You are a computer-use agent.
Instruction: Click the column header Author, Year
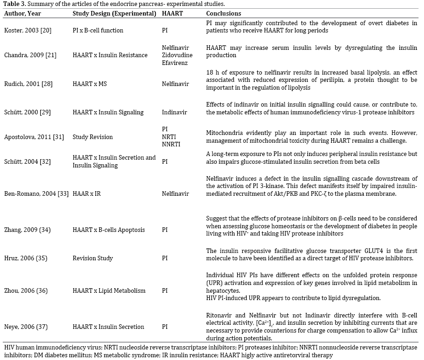pos(22,13)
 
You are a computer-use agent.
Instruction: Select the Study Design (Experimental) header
pos(114,13)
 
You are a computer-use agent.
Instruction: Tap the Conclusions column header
pos(223,13)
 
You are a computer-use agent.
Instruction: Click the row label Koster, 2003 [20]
pos(28,30)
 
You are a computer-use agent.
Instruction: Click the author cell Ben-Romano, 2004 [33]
pos(37,193)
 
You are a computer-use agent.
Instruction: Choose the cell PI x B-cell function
pos(98,30)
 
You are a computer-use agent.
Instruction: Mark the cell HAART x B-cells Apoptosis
pos(109,230)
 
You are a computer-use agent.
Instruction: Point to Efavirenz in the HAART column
pos(175,63)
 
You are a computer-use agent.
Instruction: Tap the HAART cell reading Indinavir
pos(175,112)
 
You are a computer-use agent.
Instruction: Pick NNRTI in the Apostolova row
pos(171,145)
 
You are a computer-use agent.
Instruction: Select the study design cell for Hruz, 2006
pos(93,258)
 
